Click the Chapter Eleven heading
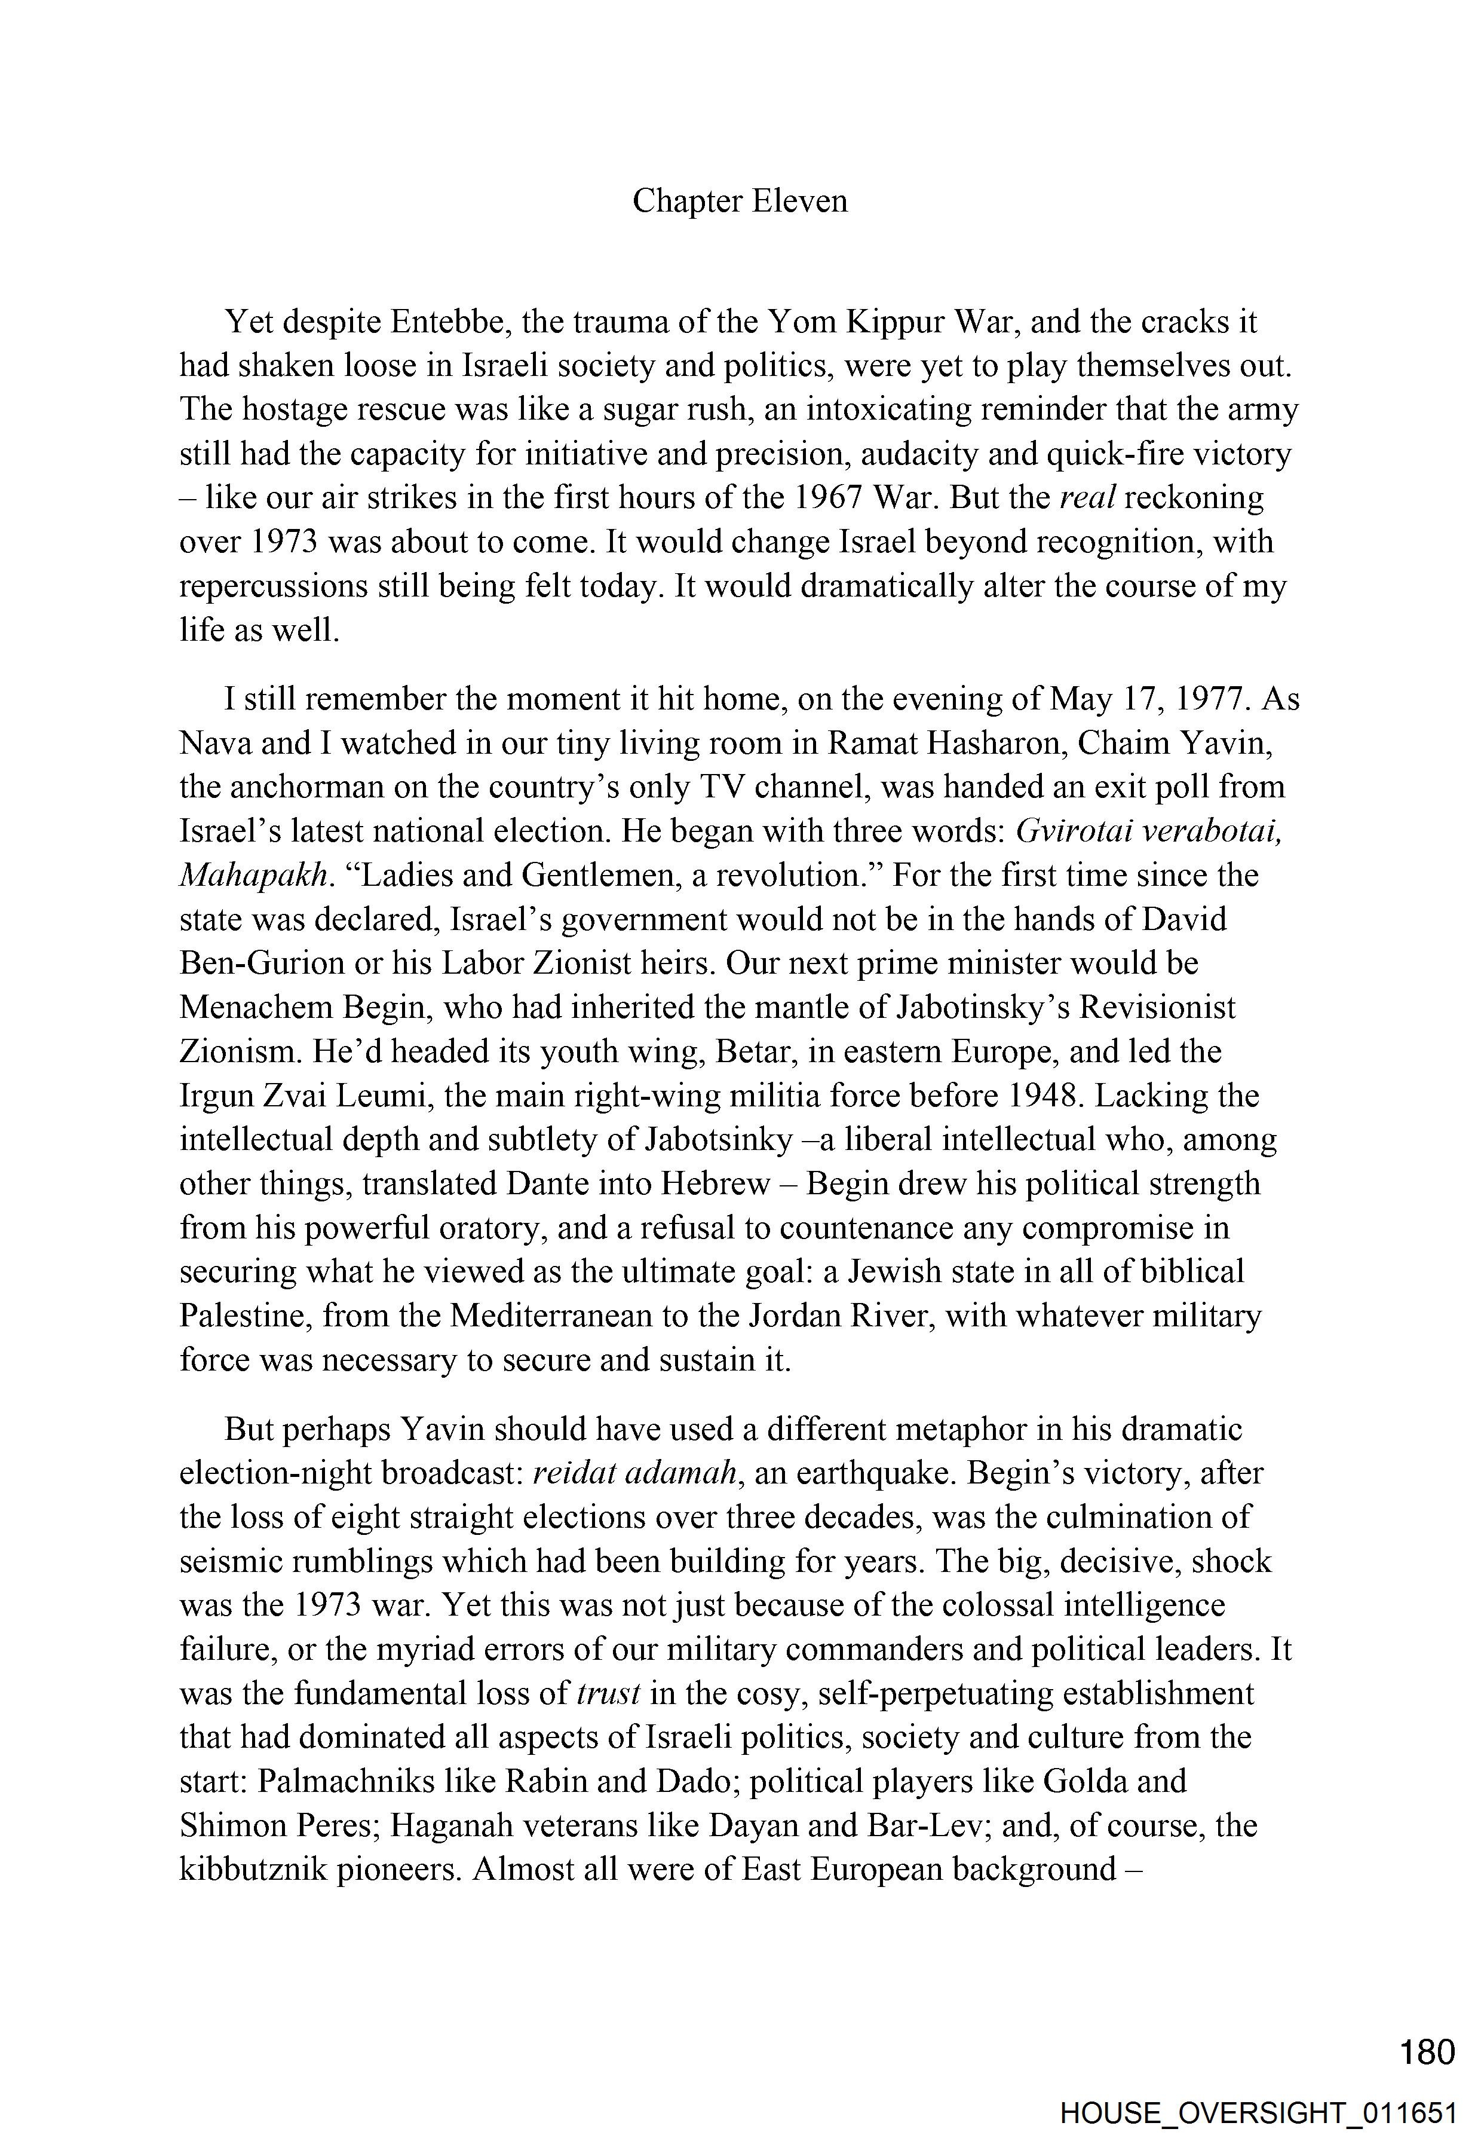coord(740,201)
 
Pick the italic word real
coord(1087,498)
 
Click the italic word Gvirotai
coord(1073,831)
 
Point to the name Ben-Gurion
coord(262,964)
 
